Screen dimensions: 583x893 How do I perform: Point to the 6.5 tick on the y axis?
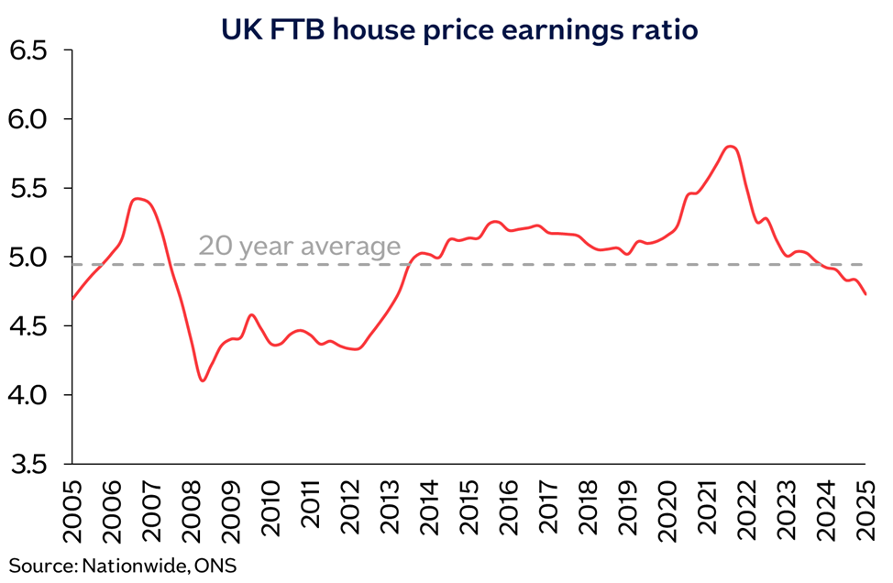(x=29, y=50)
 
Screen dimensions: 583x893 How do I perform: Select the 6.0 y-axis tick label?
(x=29, y=119)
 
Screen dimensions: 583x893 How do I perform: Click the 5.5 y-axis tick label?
(x=29, y=189)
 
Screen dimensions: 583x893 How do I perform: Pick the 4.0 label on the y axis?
(x=29, y=396)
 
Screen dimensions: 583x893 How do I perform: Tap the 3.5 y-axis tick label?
(x=29, y=465)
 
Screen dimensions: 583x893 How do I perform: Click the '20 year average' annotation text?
(x=300, y=247)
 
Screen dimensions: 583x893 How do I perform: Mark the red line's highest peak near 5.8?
(x=730, y=147)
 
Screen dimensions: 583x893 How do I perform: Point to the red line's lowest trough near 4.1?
(x=203, y=380)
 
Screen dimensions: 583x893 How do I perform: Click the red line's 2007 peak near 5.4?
(x=138, y=198)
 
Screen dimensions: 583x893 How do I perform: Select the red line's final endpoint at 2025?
(x=866, y=294)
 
